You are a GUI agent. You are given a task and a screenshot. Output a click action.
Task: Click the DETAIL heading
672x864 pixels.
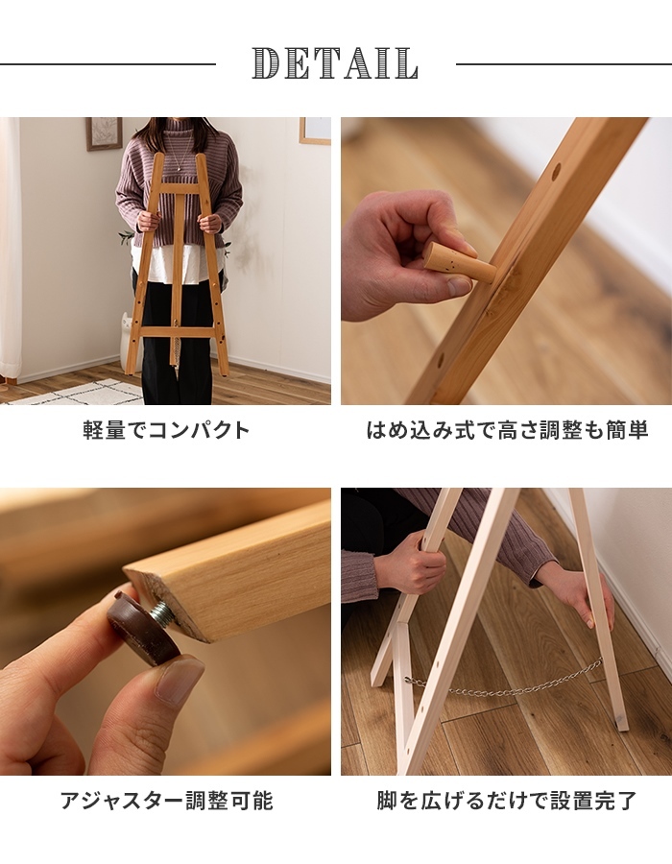[x=335, y=62]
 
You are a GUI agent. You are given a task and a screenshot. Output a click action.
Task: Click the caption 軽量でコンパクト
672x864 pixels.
[x=166, y=430]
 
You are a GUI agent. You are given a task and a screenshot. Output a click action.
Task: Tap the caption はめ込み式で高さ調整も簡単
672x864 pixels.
[x=507, y=430]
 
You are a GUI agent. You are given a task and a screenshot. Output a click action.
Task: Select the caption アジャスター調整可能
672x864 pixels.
[x=166, y=801]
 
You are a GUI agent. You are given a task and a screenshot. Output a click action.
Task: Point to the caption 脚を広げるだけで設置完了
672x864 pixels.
[x=507, y=801]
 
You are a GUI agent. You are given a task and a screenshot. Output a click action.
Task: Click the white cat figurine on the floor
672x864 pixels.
[x=128, y=337]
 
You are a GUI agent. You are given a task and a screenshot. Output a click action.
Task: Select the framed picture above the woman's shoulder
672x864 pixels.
[x=104, y=133]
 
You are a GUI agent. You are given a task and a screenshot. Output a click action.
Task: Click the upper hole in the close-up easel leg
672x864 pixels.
[x=557, y=169]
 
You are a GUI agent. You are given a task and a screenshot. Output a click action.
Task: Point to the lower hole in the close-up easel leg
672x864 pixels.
[x=441, y=363]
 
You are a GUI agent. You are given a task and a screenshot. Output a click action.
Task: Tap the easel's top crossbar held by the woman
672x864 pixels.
[x=180, y=187]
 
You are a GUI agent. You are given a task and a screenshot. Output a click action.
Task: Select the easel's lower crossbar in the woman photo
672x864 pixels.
[x=178, y=332]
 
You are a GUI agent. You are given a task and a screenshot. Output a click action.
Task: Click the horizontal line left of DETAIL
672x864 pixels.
[x=108, y=64]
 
